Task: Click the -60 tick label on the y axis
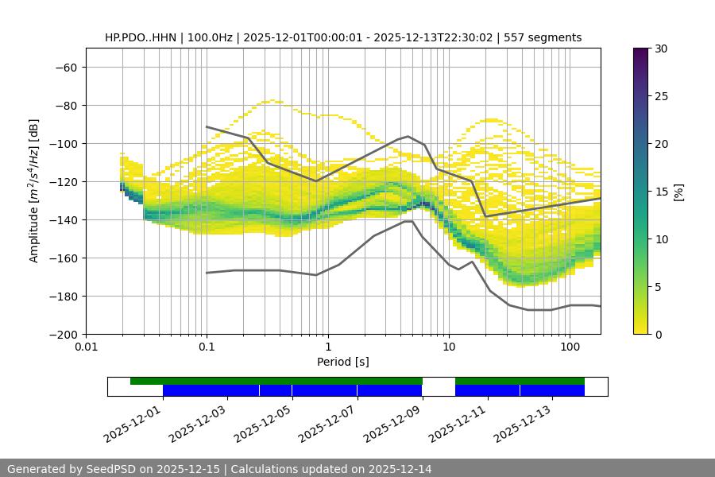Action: point(65,67)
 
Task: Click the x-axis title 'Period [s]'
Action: point(343,362)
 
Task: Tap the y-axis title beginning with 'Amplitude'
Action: point(34,191)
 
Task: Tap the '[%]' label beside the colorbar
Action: point(678,192)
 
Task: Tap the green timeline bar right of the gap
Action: point(520,381)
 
